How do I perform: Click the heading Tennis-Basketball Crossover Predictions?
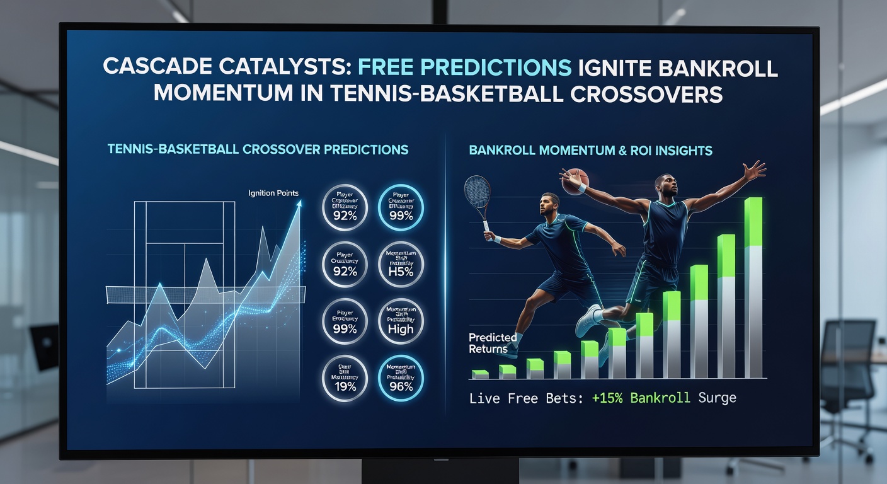[x=258, y=150]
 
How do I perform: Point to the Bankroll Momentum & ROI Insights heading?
[x=591, y=151]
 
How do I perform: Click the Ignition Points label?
[x=273, y=193]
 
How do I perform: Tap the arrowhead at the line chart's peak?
[x=299, y=204]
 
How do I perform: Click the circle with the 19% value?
[x=345, y=378]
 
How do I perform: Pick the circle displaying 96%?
[x=400, y=378]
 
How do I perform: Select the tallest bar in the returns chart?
[x=753, y=288]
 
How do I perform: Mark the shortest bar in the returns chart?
[x=480, y=374]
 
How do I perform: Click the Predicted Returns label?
[x=493, y=343]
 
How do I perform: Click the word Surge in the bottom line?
[x=716, y=398]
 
